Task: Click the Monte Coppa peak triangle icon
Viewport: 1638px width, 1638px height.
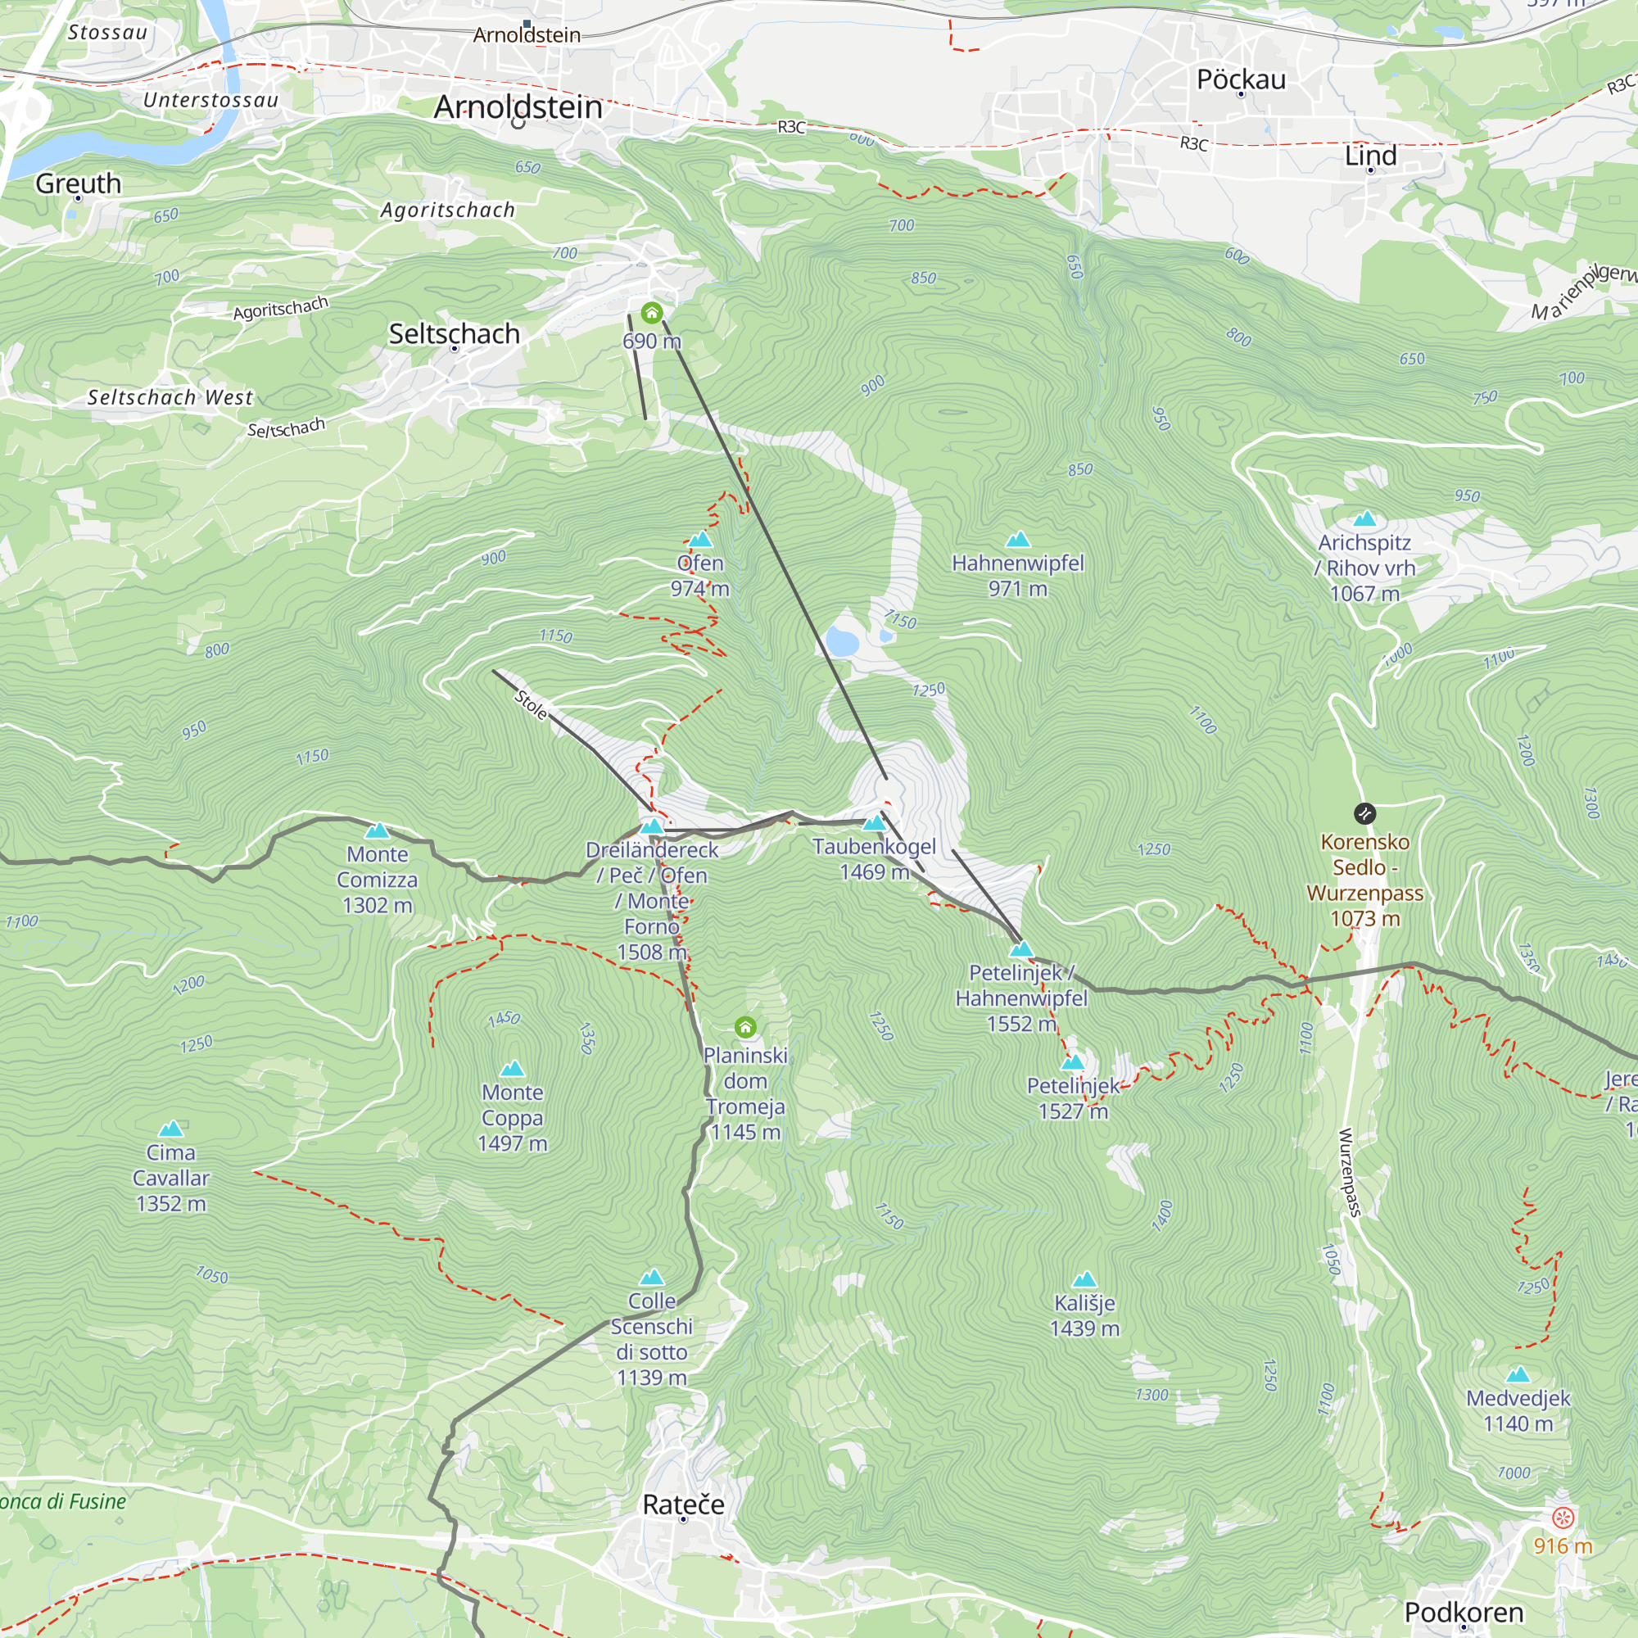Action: coord(512,1069)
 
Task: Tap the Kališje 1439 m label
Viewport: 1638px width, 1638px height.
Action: coord(1084,1315)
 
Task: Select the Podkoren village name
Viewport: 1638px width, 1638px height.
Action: coord(1464,1612)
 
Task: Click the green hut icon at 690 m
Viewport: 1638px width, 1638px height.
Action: coord(651,314)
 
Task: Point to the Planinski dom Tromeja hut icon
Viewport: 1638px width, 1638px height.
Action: coord(745,1028)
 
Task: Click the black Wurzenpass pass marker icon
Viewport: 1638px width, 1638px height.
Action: coord(1364,814)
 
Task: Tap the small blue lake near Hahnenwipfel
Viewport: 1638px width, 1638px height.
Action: coord(841,643)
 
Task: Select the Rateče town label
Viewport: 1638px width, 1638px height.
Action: coord(683,1504)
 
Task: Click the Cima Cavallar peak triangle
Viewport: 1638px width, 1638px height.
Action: coord(171,1129)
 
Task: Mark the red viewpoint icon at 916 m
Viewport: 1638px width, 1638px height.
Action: coord(1563,1518)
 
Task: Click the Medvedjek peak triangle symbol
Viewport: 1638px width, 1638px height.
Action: coord(1518,1374)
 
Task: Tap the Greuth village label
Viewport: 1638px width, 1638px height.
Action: coord(78,183)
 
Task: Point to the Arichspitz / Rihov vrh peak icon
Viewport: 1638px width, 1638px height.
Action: coord(1364,519)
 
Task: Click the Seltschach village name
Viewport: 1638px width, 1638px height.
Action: coord(454,334)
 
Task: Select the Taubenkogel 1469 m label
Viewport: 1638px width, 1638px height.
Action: coord(874,858)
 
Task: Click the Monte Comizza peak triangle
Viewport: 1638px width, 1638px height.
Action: coord(378,830)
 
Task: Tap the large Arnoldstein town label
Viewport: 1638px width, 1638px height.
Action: coord(518,106)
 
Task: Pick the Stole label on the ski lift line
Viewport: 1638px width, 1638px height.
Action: coord(532,705)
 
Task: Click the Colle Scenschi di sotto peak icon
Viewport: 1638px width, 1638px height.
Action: coord(651,1278)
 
